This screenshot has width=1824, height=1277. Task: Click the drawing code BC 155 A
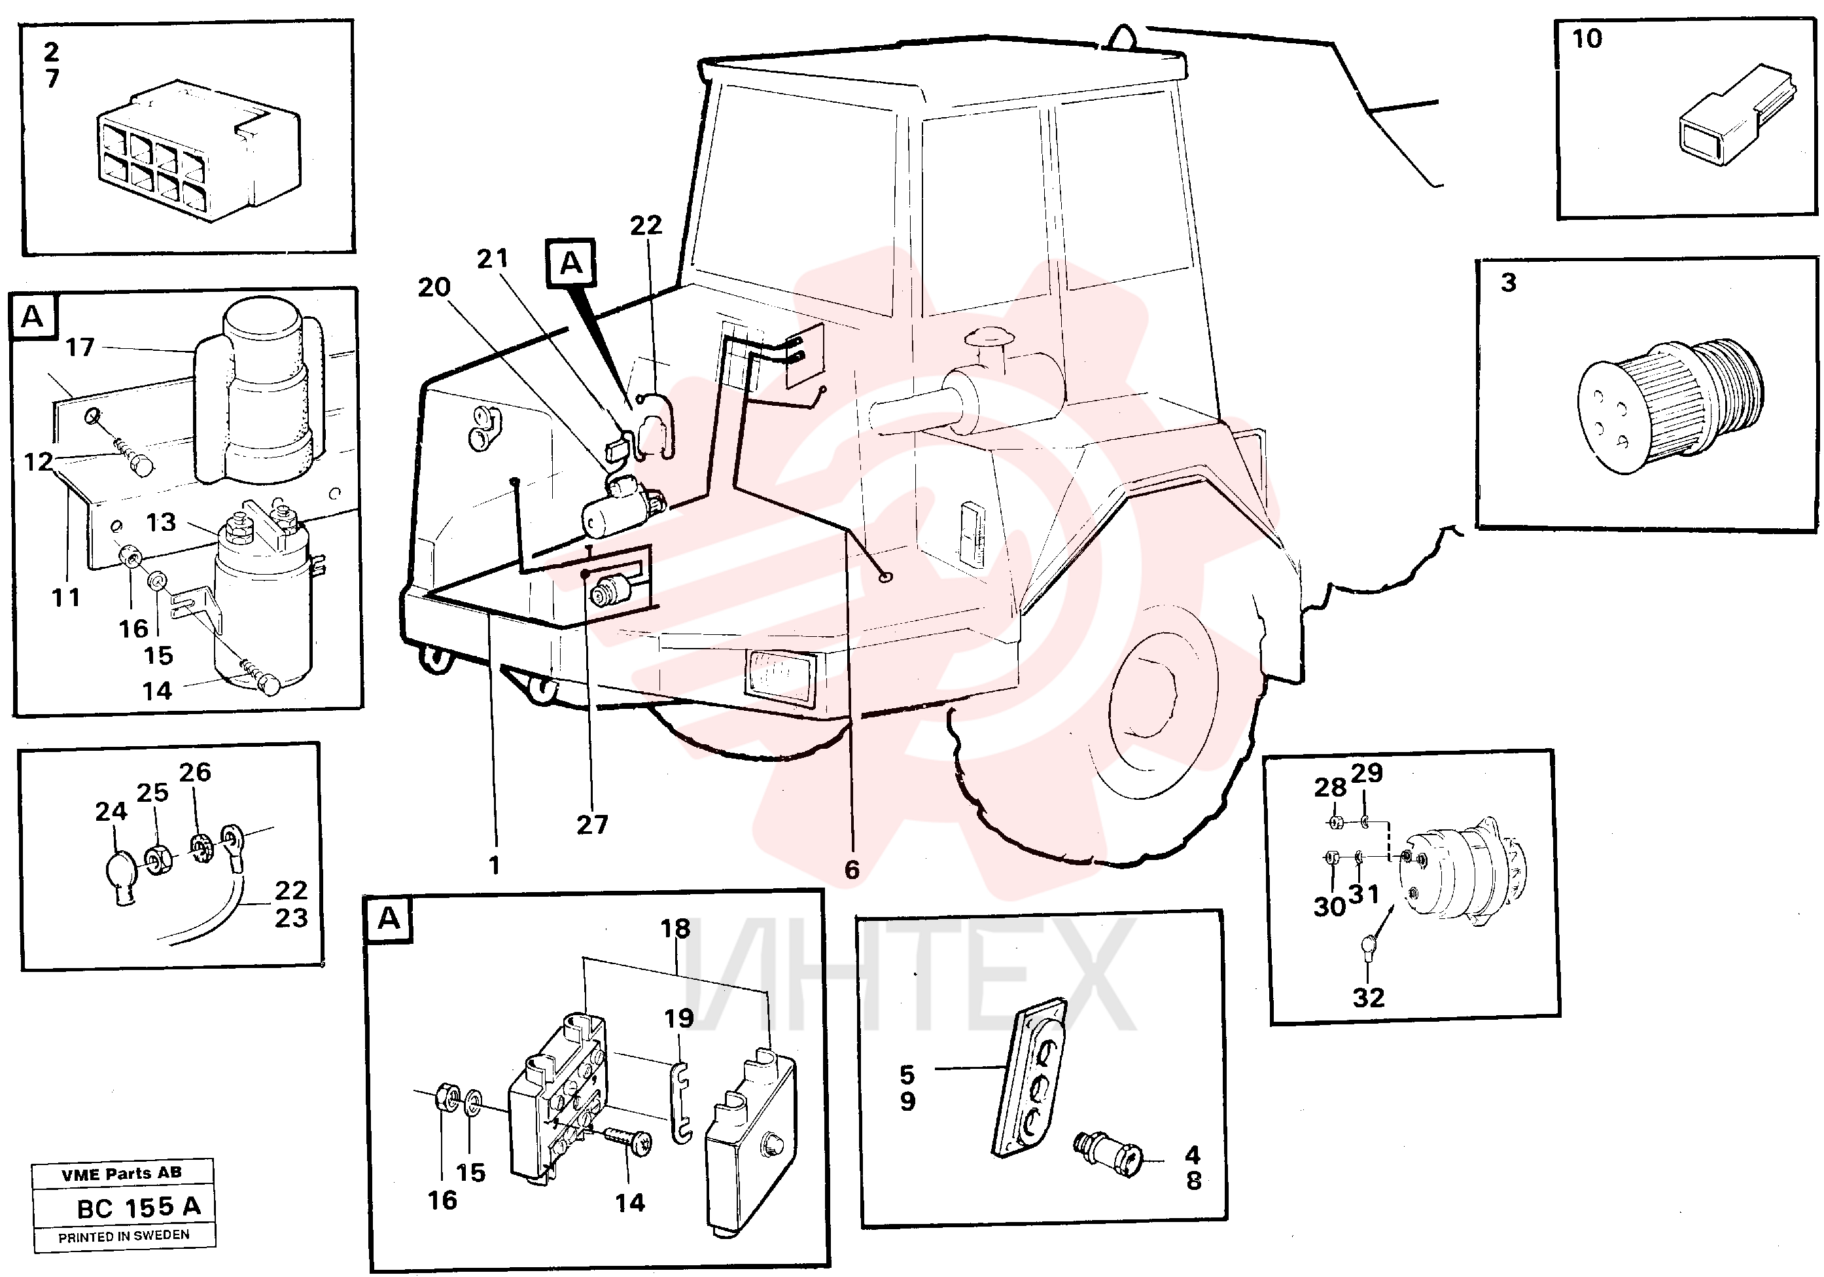coord(139,1207)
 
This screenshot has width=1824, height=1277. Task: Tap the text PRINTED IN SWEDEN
coord(124,1236)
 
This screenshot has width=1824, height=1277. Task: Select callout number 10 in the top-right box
coord(1587,39)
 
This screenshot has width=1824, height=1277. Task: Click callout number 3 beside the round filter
coord(1509,282)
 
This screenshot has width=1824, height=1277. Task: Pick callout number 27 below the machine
coord(592,825)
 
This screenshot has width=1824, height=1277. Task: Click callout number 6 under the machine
coord(852,870)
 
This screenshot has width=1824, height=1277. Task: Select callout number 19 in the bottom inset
coord(679,1018)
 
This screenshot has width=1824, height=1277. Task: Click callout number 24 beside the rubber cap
coord(111,812)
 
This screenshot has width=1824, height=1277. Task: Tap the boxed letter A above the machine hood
coord(571,263)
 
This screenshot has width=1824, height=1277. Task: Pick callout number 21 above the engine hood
coord(493,259)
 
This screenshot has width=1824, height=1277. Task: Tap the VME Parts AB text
coord(122,1174)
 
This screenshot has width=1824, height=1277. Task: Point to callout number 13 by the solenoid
coord(160,522)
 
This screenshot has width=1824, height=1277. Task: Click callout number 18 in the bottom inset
coord(675,928)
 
